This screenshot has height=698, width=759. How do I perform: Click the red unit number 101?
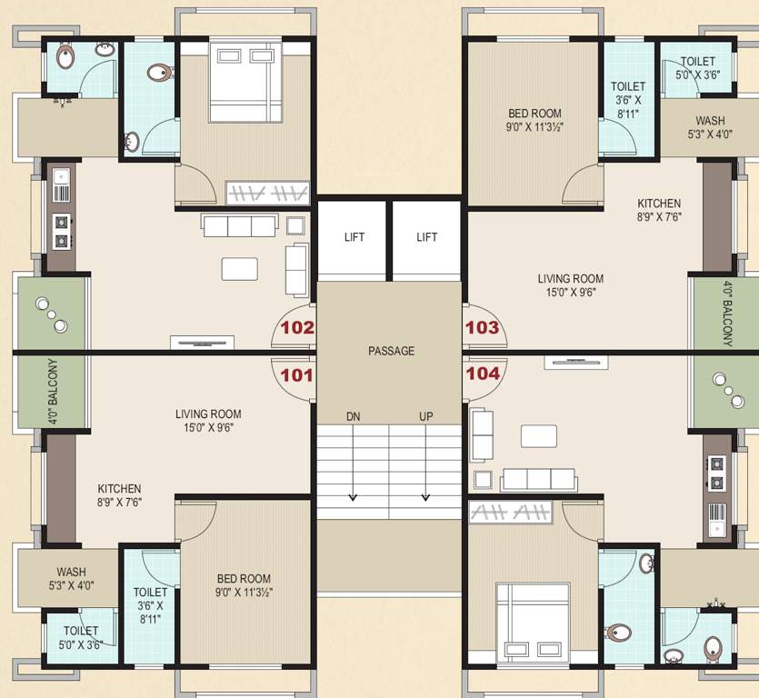click(297, 374)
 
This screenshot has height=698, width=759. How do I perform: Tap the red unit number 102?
click(297, 328)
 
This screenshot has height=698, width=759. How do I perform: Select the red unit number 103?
click(482, 328)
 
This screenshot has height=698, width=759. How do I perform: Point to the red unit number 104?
click(482, 374)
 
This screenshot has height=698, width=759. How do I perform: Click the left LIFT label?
click(355, 237)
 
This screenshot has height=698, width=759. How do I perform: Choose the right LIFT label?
click(427, 237)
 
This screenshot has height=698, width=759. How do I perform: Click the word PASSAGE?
click(391, 351)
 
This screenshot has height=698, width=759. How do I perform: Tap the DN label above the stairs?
click(354, 416)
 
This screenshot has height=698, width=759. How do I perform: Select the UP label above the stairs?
click(425, 416)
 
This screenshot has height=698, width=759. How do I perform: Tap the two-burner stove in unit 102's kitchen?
click(61, 231)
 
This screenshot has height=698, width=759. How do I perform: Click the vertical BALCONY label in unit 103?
click(727, 314)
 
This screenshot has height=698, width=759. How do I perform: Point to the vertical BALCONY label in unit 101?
click(54, 392)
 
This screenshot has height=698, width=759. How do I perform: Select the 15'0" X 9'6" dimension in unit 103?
click(570, 294)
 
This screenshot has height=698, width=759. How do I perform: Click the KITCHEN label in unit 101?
click(120, 488)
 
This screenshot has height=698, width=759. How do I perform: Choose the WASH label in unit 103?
click(710, 121)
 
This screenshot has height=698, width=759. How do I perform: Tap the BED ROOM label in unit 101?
click(244, 579)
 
